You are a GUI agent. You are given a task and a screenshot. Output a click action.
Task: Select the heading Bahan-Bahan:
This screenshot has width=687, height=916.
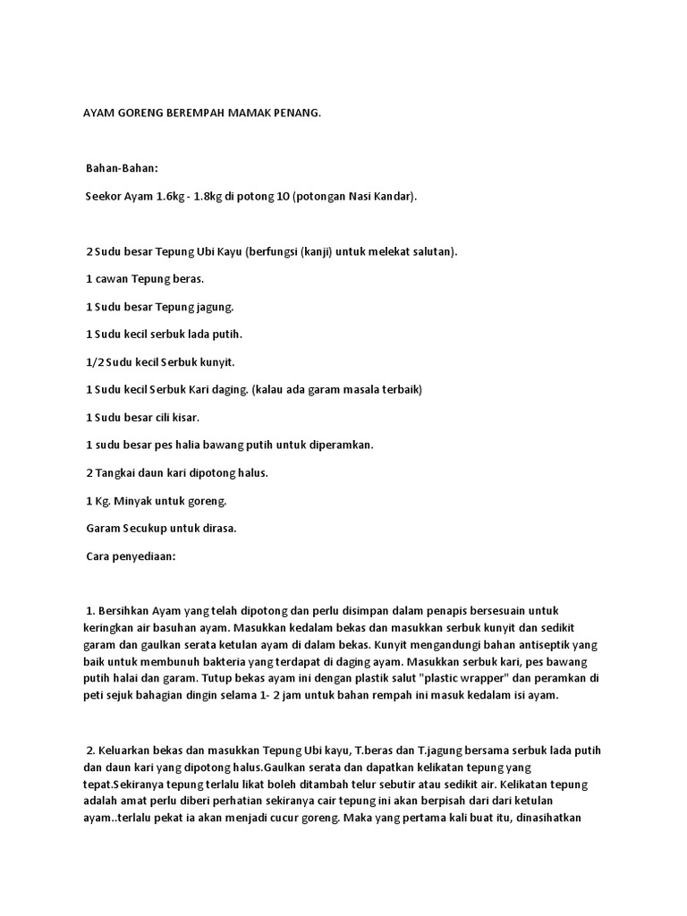122,168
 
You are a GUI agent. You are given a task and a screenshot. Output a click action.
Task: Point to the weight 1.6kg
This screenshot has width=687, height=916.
167,196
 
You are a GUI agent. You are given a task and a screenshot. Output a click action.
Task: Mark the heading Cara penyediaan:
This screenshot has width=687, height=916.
131,556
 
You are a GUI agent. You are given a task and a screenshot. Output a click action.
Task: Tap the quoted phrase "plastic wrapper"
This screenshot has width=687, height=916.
465,679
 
